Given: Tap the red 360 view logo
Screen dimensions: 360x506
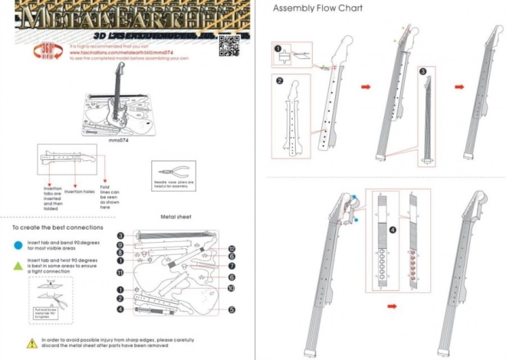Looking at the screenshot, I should pos(42,51).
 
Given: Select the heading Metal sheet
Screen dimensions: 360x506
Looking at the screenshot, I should pos(176,217).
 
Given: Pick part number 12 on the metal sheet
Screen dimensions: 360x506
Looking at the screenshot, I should pos(232,249).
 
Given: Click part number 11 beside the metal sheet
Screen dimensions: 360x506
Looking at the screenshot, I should pos(120,272).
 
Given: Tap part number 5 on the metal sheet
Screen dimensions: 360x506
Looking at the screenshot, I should pos(231,310).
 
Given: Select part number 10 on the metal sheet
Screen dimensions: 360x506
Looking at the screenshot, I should pos(231,288).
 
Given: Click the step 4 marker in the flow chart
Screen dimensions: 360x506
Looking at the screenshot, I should pos(392,229).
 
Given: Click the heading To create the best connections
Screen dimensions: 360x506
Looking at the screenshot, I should pos(58,227).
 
